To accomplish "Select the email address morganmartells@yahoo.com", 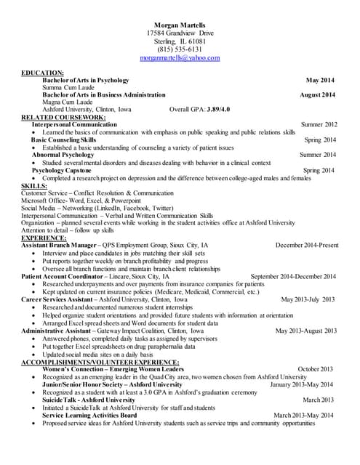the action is click(x=180, y=57).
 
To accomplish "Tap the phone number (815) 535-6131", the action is click(x=180, y=49).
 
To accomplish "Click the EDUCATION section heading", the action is click(x=43, y=73).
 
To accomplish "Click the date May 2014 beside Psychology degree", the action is click(x=321, y=81).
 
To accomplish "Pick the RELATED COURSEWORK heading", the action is click(x=63, y=117).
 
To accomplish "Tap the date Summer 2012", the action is click(x=319, y=125).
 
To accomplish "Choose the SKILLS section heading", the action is click(x=35, y=186).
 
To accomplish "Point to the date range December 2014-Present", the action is click(x=307, y=246).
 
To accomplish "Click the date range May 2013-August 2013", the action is click(x=305, y=331).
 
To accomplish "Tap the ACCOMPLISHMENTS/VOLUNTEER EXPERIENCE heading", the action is click(x=100, y=361).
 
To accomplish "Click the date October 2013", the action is click(x=315, y=368).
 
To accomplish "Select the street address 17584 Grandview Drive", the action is click(x=180, y=33).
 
